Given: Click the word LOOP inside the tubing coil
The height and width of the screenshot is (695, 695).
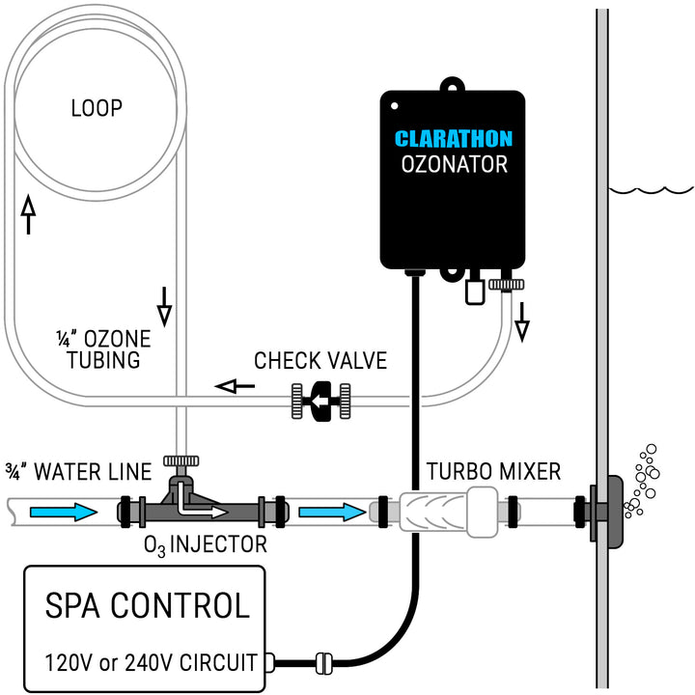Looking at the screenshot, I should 97,107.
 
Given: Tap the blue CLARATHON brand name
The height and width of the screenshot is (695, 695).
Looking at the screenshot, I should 453,138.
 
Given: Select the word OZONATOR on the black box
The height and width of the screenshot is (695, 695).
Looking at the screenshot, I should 453,164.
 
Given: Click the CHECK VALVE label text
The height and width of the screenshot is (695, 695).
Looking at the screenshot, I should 320,361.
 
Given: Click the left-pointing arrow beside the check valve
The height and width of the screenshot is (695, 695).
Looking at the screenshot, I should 236,386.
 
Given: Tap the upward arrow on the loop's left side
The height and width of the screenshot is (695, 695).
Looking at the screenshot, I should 27,213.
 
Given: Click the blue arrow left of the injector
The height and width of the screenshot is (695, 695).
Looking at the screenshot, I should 63,511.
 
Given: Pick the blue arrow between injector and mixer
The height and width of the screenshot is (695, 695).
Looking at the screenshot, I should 332,511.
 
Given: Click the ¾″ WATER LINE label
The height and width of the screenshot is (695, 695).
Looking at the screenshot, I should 78,472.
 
